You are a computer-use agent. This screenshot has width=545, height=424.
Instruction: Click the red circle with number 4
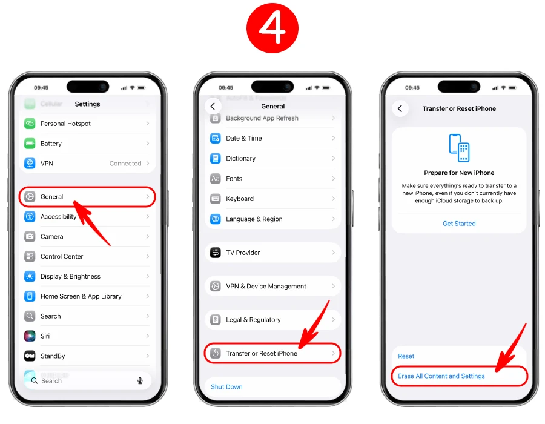(x=272, y=27)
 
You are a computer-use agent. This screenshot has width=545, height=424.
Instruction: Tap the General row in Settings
(x=88, y=197)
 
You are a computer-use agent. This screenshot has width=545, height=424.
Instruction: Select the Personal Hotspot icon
(x=30, y=124)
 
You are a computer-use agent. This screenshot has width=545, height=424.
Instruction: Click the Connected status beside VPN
(x=125, y=164)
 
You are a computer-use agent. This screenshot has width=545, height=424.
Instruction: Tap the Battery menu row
(x=88, y=144)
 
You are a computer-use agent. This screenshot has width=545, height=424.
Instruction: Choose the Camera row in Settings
(x=88, y=236)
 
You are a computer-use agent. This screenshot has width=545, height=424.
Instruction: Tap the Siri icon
(x=30, y=336)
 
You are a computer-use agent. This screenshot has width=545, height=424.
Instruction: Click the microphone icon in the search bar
(x=140, y=380)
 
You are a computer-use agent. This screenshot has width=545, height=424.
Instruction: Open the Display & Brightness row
(x=88, y=276)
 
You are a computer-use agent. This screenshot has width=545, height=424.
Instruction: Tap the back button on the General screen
(x=213, y=106)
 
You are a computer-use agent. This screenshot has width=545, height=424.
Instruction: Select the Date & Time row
(x=272, y=138)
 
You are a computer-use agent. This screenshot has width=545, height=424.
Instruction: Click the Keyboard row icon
(x=215, y=199)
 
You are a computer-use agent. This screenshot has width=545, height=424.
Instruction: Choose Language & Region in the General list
(x=272, y=219)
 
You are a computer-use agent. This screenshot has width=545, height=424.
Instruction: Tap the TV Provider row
(x=272, y=253)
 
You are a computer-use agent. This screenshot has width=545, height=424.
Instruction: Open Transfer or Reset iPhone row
(x=272, y=353)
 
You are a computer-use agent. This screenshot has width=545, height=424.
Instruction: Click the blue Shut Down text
(x=226, y=386)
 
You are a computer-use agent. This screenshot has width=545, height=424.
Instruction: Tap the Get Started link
(x=459, y=224)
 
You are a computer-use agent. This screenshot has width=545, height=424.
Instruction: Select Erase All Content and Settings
(x=441, y=376)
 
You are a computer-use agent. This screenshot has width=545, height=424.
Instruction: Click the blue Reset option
(x=406, y=356)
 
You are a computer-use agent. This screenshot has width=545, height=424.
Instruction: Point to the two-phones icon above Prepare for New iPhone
(x=459, y=147)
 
